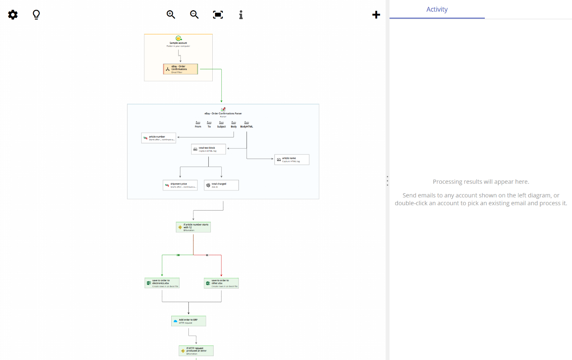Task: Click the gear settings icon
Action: click(x=13, y=15)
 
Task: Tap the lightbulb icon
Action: click(x=36, y=15)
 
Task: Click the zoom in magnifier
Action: click(x=171, y=15)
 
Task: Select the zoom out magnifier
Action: click(x=194, y=15)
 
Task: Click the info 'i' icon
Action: click(x=241, y=15)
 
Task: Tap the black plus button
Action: click(x=376, y=15)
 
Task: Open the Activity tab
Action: click(x=437, y=9)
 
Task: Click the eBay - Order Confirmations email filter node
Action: click(x=180, y=69)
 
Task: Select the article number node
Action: click(x=159, y=138)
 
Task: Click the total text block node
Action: click(x=208, y=149)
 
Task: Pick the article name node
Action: click(x=292, y=159)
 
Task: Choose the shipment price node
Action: click(x=180, y=185)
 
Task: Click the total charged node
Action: click(x=221, y=185)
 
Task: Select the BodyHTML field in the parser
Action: click(x=246, y=124)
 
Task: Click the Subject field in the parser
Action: click(x=221, y=124)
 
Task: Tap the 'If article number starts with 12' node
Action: click(x=193, y=227)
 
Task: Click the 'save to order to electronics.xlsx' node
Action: click(x=162, y=283)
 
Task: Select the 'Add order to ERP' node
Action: click(x=188, y=321)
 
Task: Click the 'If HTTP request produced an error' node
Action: click(x=196, y=351)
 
